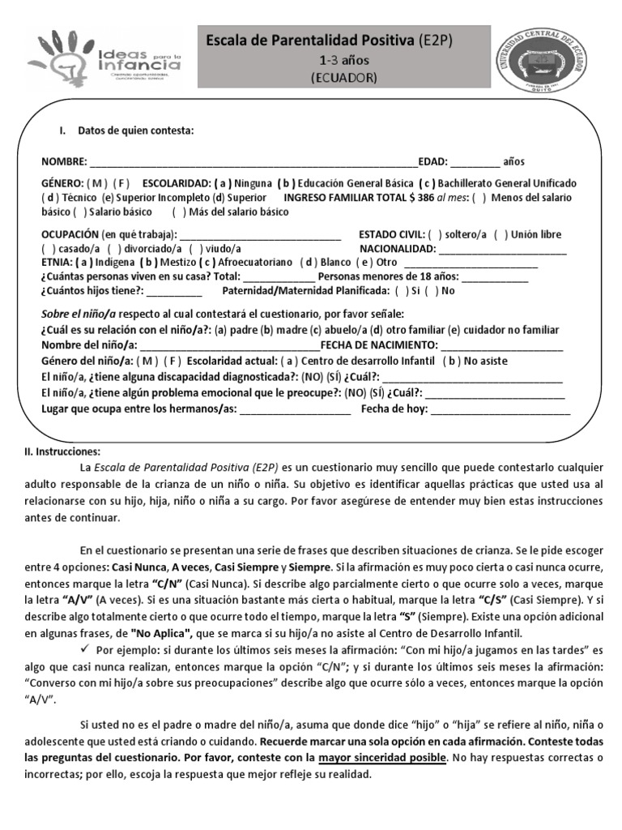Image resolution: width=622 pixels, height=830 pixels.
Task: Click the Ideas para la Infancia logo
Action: tap(106, 59)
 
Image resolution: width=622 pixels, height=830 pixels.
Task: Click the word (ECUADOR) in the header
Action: tap(344, 77)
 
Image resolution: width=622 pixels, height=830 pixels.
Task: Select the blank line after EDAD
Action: tap(475, 161)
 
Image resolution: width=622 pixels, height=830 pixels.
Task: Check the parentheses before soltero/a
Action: tap(435, 235)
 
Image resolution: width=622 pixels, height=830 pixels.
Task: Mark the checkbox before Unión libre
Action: tap(500, 235)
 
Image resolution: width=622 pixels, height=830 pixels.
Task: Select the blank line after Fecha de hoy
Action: tap(500, 409)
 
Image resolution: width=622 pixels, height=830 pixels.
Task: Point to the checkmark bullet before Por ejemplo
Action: tap(87, 650)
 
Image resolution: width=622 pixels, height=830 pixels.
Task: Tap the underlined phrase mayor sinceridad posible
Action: tap(382, 757)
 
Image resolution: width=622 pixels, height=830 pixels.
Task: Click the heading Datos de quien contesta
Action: tap(135, 130)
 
